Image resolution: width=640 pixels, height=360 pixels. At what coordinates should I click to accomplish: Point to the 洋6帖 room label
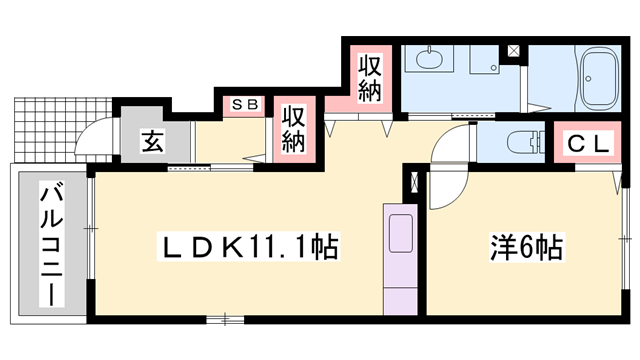(x=524, y=246)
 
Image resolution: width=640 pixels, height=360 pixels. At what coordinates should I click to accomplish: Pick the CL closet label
(x=587, y=143)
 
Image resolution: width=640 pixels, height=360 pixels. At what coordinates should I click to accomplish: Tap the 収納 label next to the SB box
(x=292, y=128)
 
